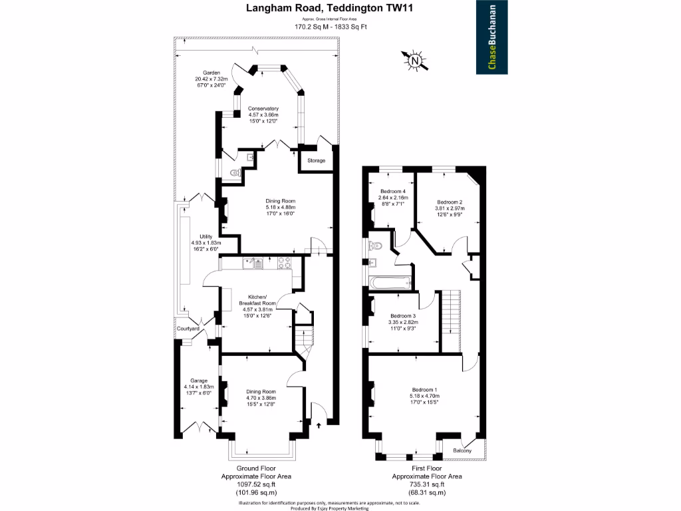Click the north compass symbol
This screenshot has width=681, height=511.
(416, 62)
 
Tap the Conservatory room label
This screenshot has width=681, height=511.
(263, 108)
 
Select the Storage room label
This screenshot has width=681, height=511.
(316, 161)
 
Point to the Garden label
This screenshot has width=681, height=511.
(211, 73)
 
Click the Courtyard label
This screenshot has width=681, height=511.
(188, 329)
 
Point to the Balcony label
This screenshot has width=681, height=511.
(462, 451)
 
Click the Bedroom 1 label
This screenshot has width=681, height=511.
(424, 389)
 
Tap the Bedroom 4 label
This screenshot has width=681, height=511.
(392, 192)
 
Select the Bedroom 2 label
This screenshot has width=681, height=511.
(450, 202)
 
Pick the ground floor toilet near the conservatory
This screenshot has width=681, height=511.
(233, 172)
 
